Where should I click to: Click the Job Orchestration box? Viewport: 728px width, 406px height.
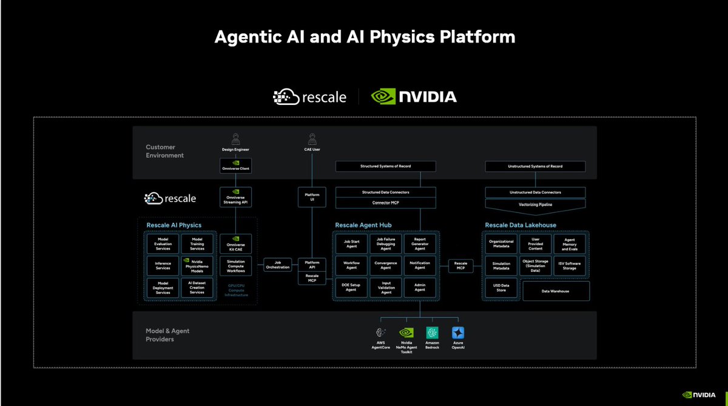[277, 265]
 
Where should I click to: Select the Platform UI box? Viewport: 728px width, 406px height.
[312, 196]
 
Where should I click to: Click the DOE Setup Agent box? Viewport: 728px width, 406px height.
[351, 287]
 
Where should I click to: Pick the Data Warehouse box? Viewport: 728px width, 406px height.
[555, 291]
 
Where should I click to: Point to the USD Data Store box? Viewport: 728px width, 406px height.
[501, 287]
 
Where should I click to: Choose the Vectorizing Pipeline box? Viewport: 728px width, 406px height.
[535, 204]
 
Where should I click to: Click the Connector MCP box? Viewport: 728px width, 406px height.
[385, 202]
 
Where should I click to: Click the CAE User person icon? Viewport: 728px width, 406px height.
[312, 138]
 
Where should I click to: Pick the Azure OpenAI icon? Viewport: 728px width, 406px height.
[457, 333]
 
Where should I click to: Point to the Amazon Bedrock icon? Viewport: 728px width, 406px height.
[432, 333]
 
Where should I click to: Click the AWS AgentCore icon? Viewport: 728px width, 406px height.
[381, 333]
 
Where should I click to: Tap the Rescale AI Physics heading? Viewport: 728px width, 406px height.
[174, 226]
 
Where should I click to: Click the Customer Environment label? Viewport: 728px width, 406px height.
[165, 151]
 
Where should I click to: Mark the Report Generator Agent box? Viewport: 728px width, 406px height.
[420, 243]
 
